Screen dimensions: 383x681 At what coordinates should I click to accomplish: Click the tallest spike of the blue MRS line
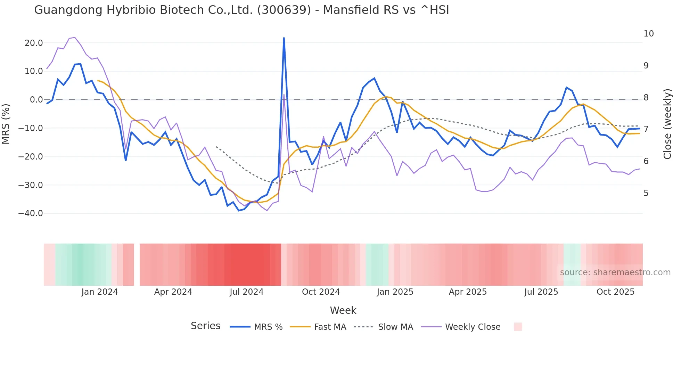pos(284,38)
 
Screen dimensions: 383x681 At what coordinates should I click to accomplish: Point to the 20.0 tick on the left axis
pos(34,43)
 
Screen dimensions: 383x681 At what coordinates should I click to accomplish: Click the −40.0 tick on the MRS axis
pos(31,213)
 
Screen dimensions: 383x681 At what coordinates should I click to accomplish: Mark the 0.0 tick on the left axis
pos(36,100)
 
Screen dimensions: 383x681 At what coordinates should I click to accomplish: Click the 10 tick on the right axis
pos(648,34)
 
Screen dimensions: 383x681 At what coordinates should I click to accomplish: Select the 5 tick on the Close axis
pos(646,193)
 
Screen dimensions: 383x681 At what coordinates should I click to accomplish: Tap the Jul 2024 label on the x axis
pos(246,292)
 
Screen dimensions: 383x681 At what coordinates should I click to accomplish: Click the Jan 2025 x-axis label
pos(395,292)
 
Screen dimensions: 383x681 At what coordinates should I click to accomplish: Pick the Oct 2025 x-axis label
pos(615,292)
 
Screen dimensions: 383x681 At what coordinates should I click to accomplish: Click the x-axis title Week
pos(343,310)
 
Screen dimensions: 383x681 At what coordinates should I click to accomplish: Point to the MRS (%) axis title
pos(6,124)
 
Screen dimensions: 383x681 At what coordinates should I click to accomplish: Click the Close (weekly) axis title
pos(667,124)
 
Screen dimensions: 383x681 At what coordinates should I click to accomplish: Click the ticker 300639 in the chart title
pos(284,10)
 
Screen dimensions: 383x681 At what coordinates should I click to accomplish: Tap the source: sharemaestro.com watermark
pos(615,272)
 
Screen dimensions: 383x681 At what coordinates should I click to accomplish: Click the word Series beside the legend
pos(205,326)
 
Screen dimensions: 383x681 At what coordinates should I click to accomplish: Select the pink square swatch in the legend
pos(518,327)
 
